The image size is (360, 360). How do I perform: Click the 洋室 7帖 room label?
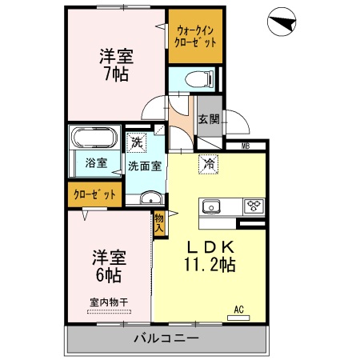(x=116, y=65)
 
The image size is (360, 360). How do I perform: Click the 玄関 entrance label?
(x=209, y=120)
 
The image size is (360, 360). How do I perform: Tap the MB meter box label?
(x=246, y=145)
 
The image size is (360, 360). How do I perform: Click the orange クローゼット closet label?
(x=94, y=194)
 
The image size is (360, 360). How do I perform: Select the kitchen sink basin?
(x=212, y=206)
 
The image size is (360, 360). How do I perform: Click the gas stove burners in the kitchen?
(x=255, y=206)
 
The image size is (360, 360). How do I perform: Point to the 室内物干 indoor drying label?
(x=109, y=302)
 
